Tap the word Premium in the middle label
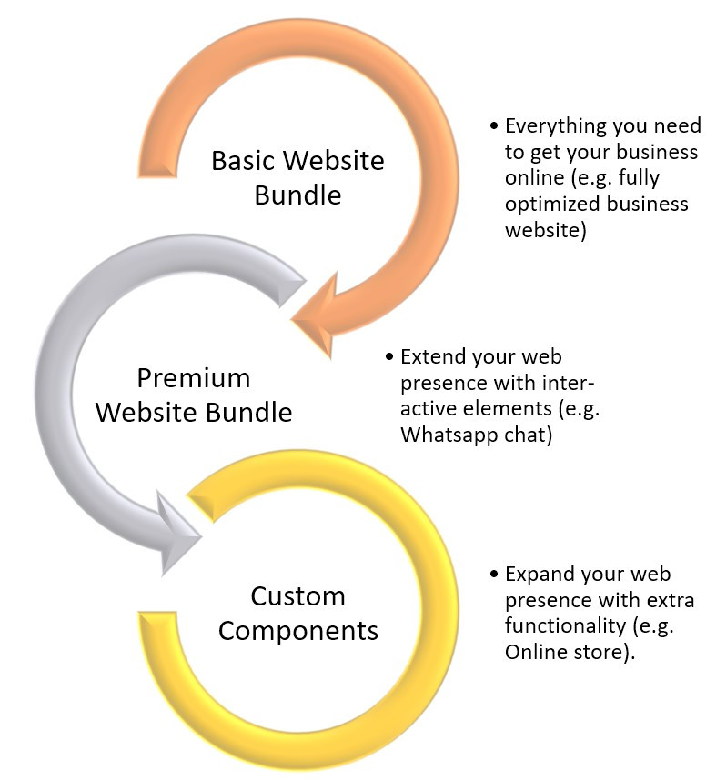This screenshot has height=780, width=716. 193,377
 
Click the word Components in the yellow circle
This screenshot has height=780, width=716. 297,630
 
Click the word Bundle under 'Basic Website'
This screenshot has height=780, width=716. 297,195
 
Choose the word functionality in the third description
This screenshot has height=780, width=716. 561,626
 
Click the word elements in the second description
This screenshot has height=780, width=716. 487,409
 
